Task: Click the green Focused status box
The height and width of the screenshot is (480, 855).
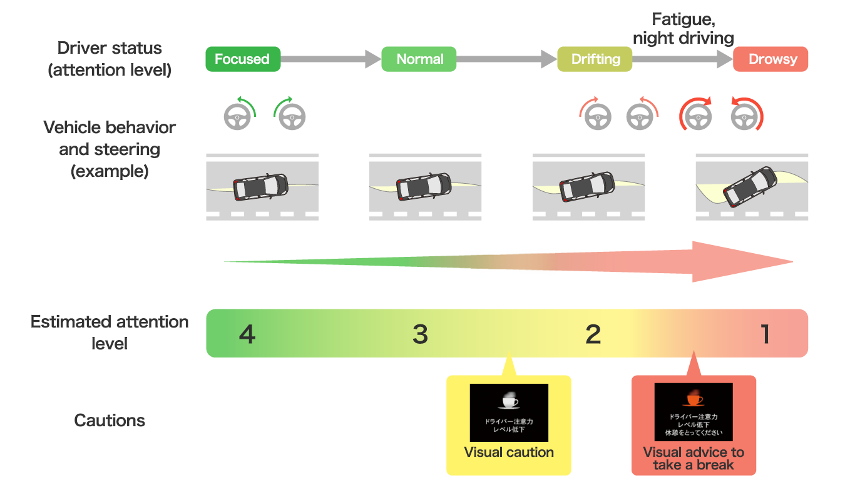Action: tap(243, 59)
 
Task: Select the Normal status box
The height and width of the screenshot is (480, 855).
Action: tap(419, 59)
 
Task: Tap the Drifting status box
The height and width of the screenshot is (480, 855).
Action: tap(595, 59)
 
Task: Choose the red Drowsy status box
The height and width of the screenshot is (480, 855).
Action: tap(771, 59)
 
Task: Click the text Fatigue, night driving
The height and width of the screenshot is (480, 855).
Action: tap(683, 29)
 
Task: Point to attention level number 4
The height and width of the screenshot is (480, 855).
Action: tap(247, 334)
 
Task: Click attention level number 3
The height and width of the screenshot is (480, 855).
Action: tap(420, 334)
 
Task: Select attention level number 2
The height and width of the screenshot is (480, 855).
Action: tap(593, 334)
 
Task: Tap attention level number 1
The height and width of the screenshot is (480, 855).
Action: tap(765, 334)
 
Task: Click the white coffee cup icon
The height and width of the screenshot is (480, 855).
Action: tap(509, 401)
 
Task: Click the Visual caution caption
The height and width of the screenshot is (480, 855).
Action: tap(509, 452)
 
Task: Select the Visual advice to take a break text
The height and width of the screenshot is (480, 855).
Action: tap(694, 458)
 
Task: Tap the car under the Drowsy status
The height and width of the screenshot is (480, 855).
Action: tap(749, 186)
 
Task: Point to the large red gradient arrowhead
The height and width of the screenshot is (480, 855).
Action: tap(739, 262)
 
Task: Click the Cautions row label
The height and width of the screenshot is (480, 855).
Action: tap(110, 420)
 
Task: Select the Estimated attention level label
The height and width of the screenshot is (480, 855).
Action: tap(110, 332)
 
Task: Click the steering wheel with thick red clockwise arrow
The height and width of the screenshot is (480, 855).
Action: tap(695, 115)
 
